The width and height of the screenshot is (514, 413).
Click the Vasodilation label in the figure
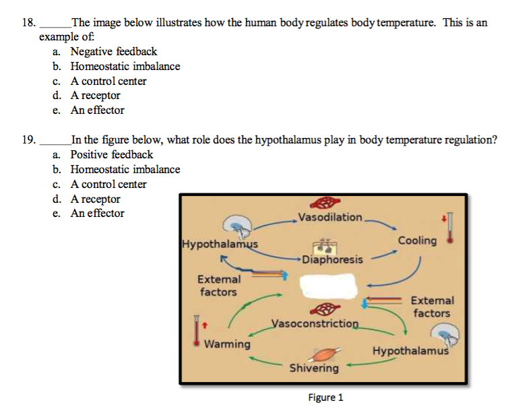[x=330, y=217]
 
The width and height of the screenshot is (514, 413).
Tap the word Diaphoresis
[x=332, y=259]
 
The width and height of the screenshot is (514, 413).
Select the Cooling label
[x=417, y=241]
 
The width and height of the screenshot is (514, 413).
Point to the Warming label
[x=227, y=344]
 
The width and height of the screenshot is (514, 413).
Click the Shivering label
[x=314, y=368]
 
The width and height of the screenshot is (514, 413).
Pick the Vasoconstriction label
[x=315, y=323]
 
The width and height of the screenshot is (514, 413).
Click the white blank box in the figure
[x=329, y=286]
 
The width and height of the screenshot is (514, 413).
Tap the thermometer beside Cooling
[x=450, y=228]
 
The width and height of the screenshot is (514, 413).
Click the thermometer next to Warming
[x=197, y=331]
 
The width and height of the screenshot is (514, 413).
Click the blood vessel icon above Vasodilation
[x=325, y=203]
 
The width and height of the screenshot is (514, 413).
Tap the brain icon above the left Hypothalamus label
[x=237, y=226]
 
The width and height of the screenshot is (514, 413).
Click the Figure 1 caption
[x=325, y=398]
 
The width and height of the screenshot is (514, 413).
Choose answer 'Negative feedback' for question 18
[x=114, y=51]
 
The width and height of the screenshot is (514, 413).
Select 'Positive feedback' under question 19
[x=112, y=154]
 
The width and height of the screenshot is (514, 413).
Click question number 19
[x=29, y=139]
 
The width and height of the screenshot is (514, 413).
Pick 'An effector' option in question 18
[x=98, y=110]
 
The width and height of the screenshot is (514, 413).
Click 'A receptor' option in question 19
[x=96, y=199]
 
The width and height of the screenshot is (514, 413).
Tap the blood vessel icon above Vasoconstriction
[x=325, y=309]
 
